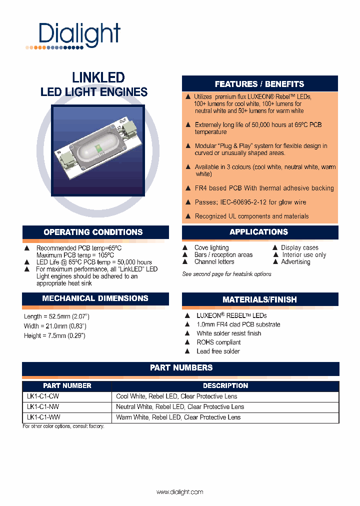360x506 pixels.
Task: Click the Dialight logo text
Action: click(x=79, y=34)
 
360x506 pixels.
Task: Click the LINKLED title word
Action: click(x=98, y=78)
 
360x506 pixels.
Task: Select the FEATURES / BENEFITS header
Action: click(x=259, y=84)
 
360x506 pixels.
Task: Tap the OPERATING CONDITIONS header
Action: click(x=93, y=232)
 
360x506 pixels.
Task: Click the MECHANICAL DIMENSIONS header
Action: click(x=95, y=298)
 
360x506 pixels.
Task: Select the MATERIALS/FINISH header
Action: click(x=259, y=299)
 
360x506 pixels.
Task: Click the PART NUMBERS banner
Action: click(x=181, y=368)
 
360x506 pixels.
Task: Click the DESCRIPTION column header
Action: click(x=225, y=386)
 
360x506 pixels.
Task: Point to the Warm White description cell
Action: click(x=178, y=417)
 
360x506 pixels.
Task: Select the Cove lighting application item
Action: click(x=211, y=247)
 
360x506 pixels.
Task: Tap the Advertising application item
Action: click(x=295, y=261)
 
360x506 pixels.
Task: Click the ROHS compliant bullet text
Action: click(x=218, y=342)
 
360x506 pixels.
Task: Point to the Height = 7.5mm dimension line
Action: click(x=54, y=335)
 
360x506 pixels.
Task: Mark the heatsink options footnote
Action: click(x=226, y=274)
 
